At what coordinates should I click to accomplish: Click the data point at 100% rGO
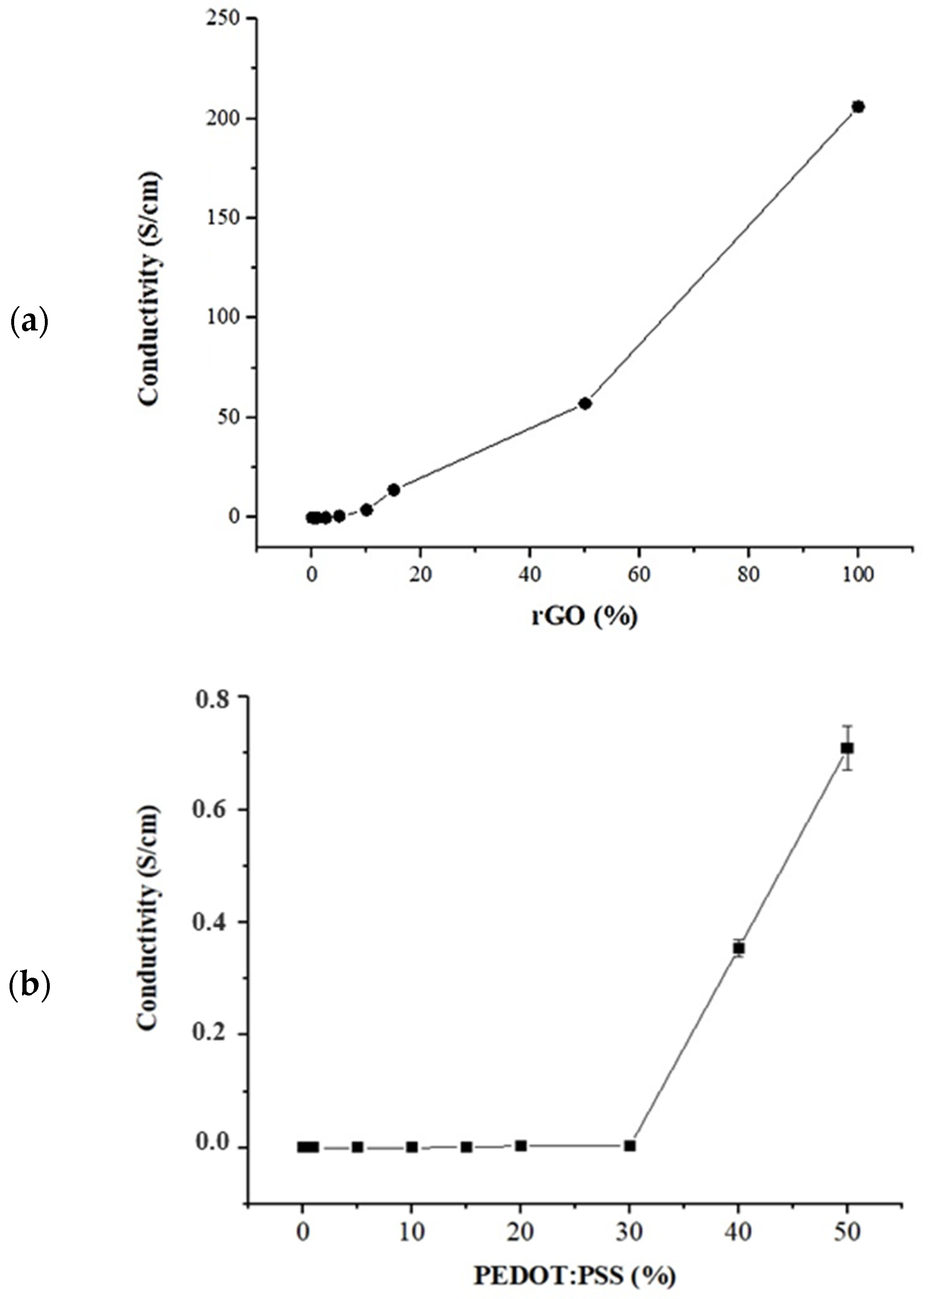tap(857, 107)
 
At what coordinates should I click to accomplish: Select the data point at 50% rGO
tap(584, 403)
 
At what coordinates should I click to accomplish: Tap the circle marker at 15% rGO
tap(393, 490)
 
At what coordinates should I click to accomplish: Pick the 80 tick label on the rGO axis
tap(748, 575)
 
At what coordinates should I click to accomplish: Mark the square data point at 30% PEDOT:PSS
tap(630, 1145)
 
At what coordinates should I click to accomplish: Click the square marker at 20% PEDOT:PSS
tap(520, 1145)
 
